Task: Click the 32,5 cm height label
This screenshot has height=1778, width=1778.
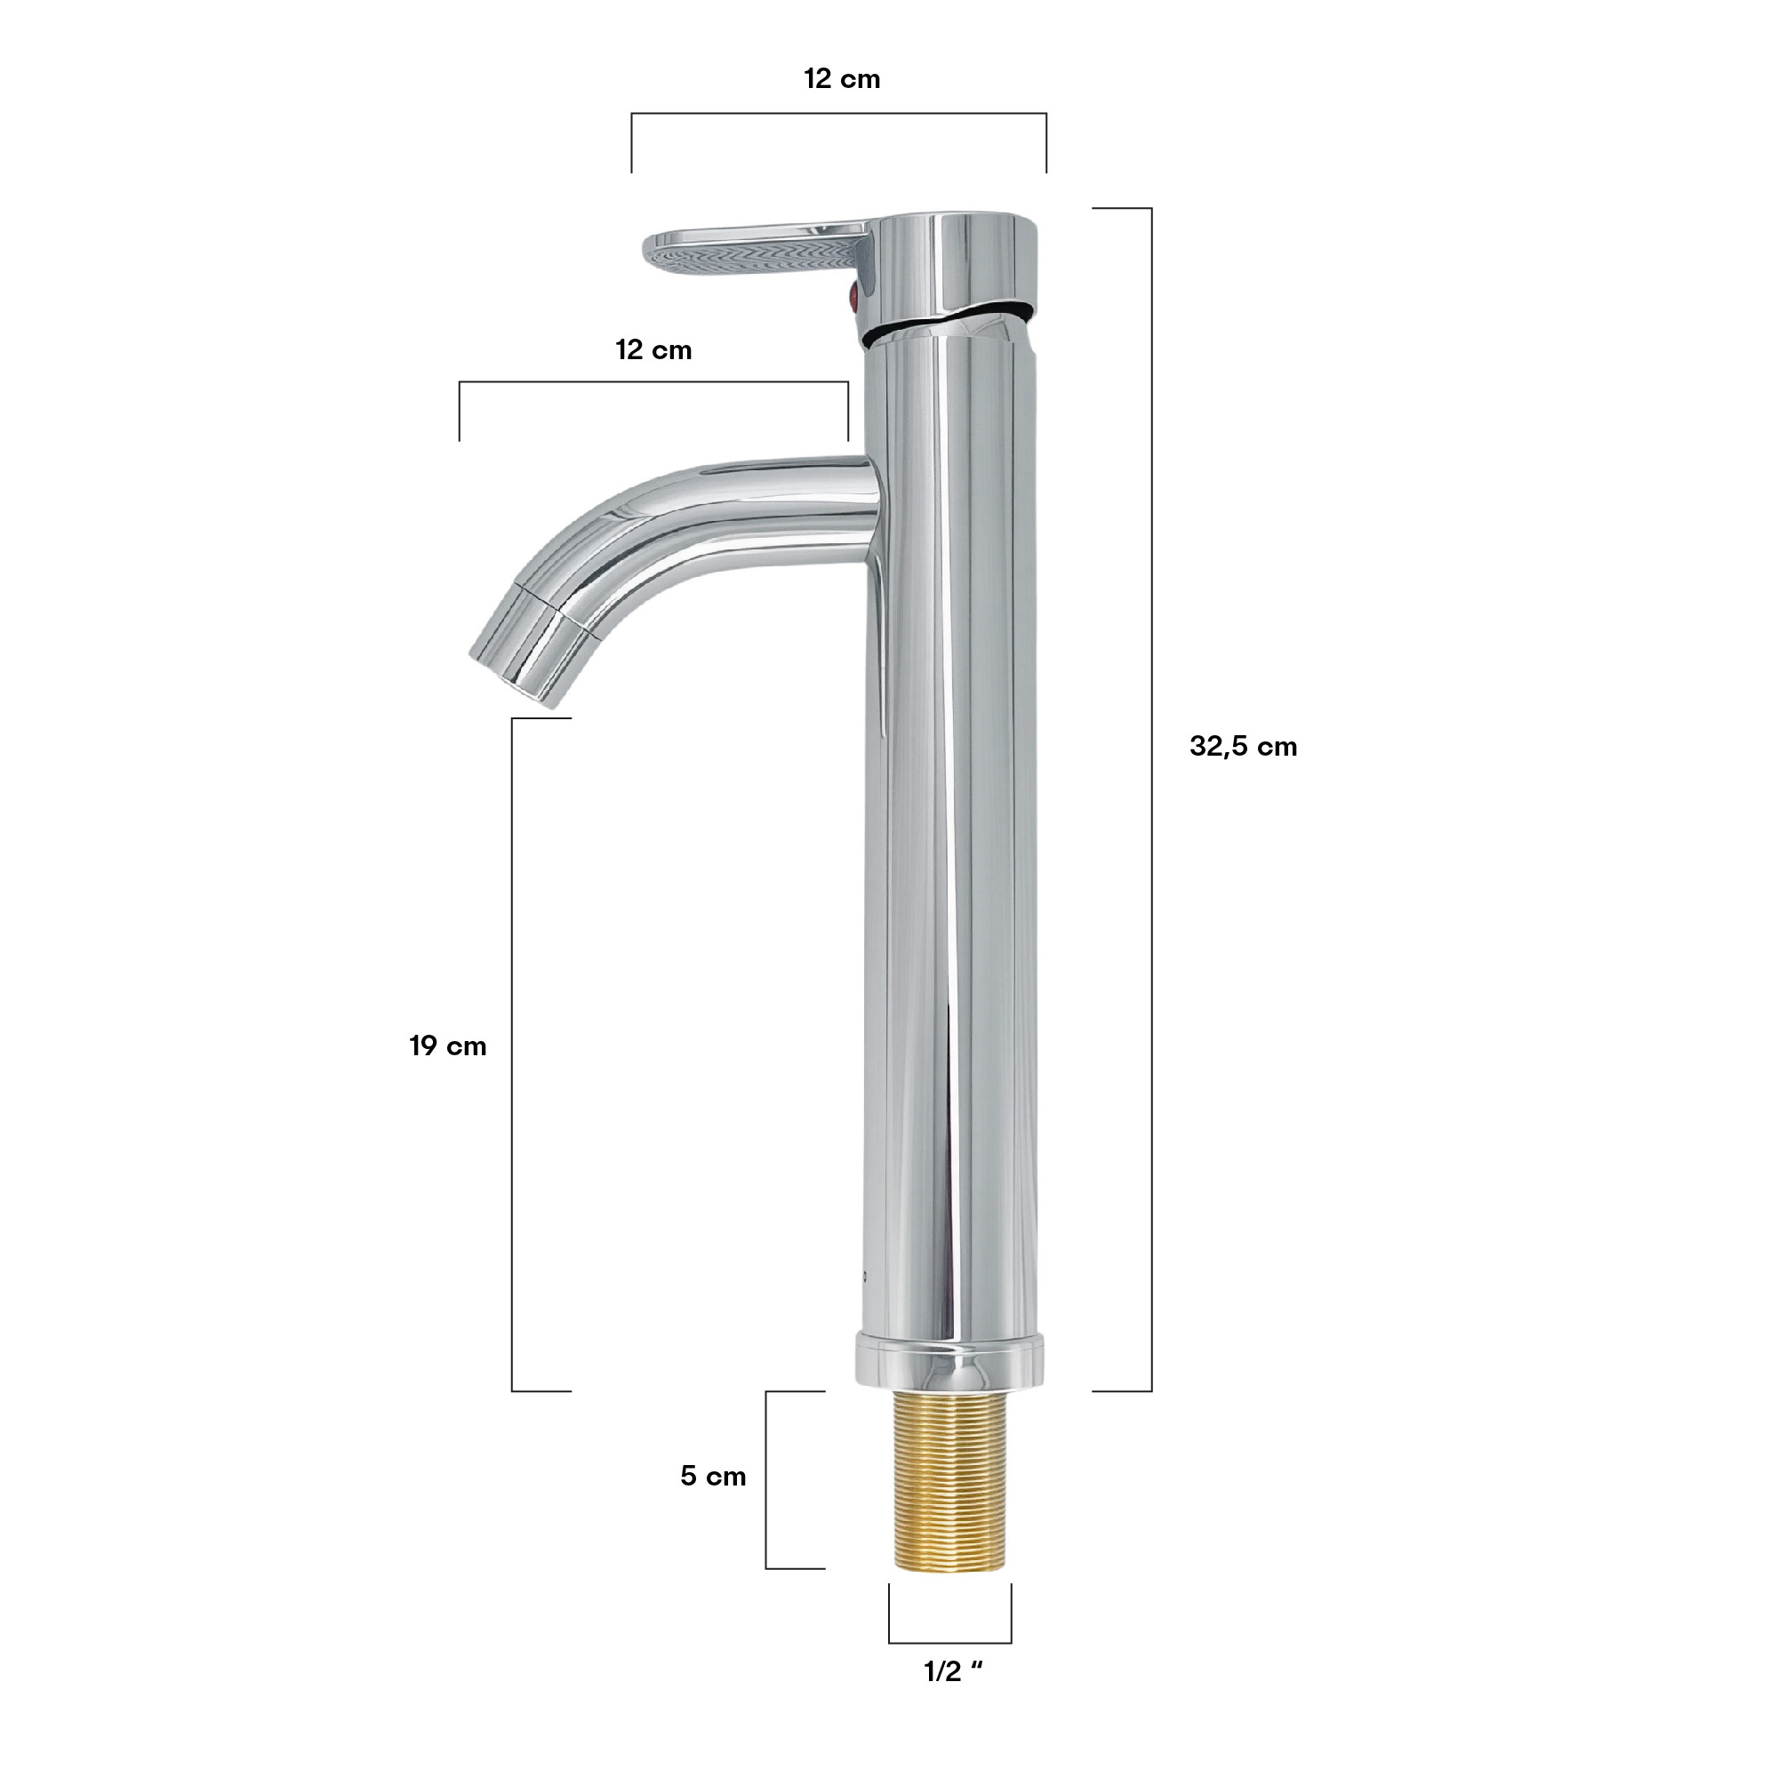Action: coord(1243,747)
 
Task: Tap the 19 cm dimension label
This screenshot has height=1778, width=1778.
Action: coord(448,1046)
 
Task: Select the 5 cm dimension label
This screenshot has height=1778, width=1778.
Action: coord(713,1476)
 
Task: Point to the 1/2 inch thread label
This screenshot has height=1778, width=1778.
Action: coord(953,1672)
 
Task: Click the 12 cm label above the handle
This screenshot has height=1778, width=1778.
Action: coord(842,79)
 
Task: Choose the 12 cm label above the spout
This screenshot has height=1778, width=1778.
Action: coord(653,349)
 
